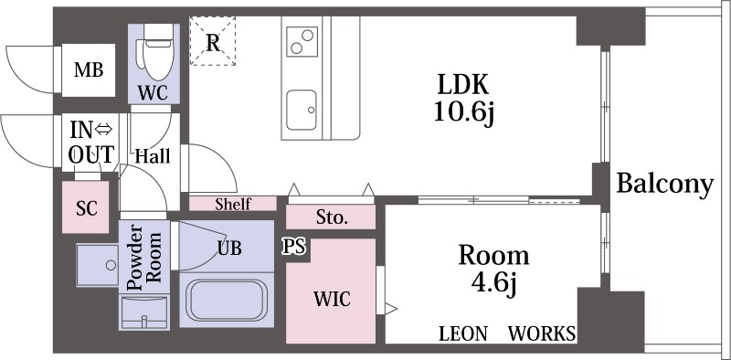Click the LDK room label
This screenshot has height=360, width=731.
[x=463, y=85]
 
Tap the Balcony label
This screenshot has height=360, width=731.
[x=665, y=185]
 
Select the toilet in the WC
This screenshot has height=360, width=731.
[x=154, y=53]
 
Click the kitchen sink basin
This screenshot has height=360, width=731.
[x=302, y=110]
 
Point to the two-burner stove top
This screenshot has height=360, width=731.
[x=302, y=41]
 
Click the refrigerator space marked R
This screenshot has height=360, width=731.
[x=213, y=40]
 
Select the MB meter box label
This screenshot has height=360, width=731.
[x=89, y=70]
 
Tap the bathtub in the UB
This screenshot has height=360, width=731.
[x=227, y=300]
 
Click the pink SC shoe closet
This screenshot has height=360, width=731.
[x=86, y=207]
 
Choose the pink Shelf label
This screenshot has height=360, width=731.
[x=233, y=204]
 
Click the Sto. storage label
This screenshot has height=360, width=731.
[x=332, y=217]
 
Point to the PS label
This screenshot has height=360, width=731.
[x=295, y=246]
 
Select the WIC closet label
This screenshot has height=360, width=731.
[x=332, y=299]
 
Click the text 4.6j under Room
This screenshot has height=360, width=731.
[x=494, y=281]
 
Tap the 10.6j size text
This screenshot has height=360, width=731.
[x=463, y=112]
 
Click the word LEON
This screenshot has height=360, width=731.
[x=463, y=334]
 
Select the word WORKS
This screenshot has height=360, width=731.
[x=542, y=334]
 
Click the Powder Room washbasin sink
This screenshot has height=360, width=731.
[x=144, y=312]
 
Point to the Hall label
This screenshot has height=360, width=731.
[x=153, y=156]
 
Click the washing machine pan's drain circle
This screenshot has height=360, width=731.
[x=111, y=265]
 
